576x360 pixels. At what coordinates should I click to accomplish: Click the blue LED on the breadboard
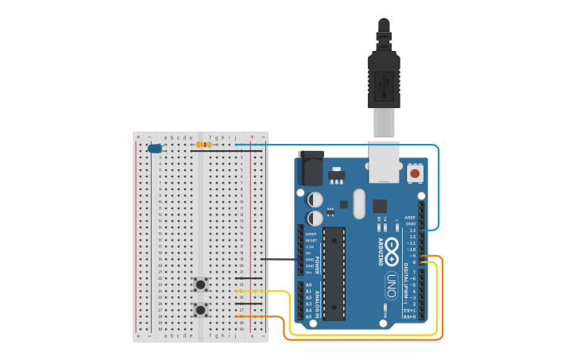154,149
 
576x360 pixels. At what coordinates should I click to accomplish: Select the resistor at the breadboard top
204,145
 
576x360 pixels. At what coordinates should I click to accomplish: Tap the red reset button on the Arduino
415,172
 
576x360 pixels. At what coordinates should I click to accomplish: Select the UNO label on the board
391,284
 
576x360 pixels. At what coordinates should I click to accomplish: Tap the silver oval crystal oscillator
358,203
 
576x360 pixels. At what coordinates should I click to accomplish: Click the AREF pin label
410,218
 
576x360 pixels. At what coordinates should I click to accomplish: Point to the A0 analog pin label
308,285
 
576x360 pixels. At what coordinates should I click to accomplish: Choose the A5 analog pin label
308,316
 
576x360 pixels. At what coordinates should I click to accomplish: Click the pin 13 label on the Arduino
412,230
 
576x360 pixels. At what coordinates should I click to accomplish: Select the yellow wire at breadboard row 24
262,292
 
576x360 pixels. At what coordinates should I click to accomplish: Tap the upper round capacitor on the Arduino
315,199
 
